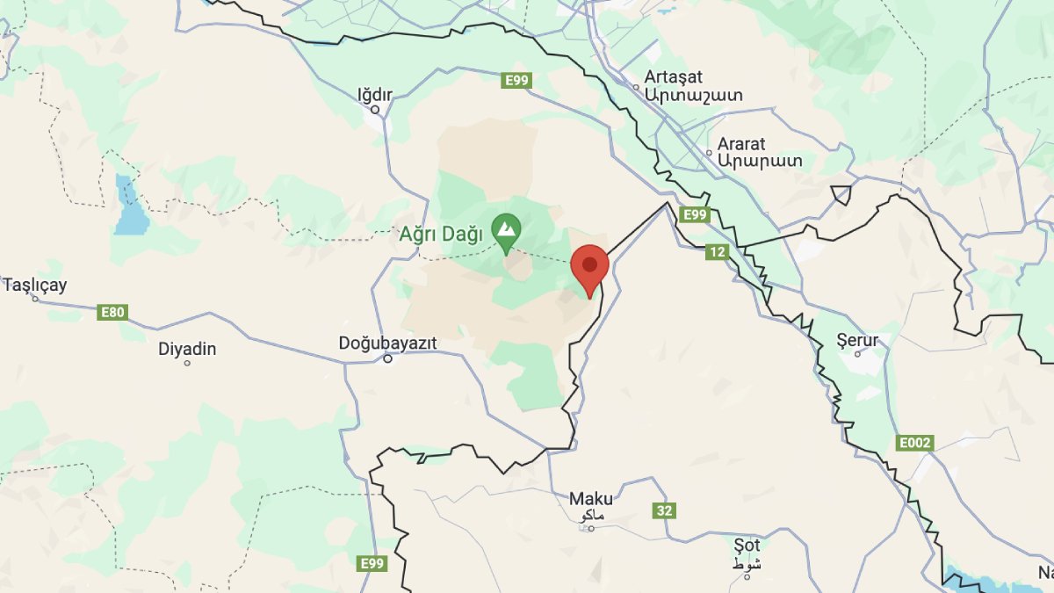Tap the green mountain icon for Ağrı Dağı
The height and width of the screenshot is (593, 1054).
506,230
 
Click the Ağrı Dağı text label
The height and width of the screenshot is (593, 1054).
441,235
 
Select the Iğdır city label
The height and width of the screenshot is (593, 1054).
375,94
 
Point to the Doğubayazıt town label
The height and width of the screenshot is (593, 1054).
387,343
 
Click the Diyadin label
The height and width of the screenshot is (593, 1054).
187,349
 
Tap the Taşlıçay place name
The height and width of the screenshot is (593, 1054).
35,285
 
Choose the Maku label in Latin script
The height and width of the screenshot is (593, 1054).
591,499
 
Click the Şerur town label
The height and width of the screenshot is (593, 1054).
857,340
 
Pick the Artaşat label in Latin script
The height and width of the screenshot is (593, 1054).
673,77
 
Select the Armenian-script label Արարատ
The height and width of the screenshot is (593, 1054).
760,161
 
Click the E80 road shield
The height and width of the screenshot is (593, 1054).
113,312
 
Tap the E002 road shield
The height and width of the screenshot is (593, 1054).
914,443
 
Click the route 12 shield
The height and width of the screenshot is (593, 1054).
717,252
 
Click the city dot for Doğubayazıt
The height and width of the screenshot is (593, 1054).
387,358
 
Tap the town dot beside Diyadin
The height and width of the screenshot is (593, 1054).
187,363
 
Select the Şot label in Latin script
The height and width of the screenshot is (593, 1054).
747,545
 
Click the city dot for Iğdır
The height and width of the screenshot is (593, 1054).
375,110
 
